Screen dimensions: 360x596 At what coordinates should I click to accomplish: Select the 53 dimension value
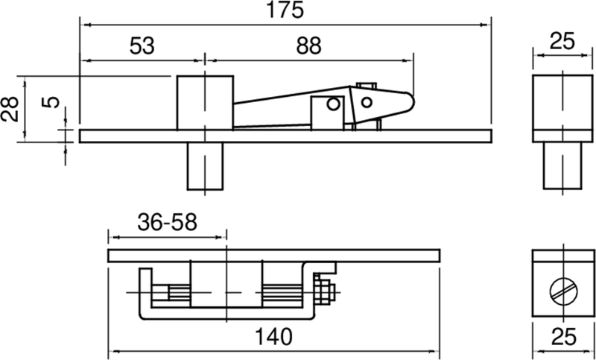[142, 45]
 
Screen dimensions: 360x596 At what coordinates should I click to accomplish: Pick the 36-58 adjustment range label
[166, 222]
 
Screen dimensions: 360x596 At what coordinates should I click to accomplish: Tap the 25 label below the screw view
[562, 336]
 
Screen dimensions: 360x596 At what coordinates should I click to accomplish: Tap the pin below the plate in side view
[205, 165]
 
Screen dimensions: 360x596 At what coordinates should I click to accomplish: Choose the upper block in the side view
[204, 102]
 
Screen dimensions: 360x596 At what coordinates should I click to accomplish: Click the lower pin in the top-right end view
[562, 165]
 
